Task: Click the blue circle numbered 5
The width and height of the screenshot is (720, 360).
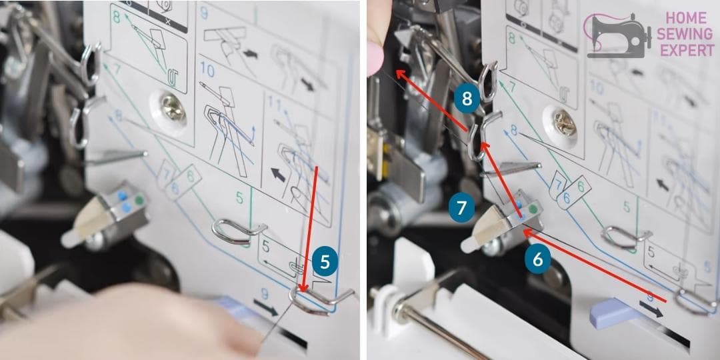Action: (324, 262)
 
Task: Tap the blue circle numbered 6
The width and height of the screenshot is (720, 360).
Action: (537, 260)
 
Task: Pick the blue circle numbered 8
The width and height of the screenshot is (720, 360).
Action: (467, 99)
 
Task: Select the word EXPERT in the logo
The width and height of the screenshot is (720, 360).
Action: (683, 51)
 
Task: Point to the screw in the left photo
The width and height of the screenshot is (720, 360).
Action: (174, 107)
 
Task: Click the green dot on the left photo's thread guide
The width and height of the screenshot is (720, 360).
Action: (139, 199)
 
